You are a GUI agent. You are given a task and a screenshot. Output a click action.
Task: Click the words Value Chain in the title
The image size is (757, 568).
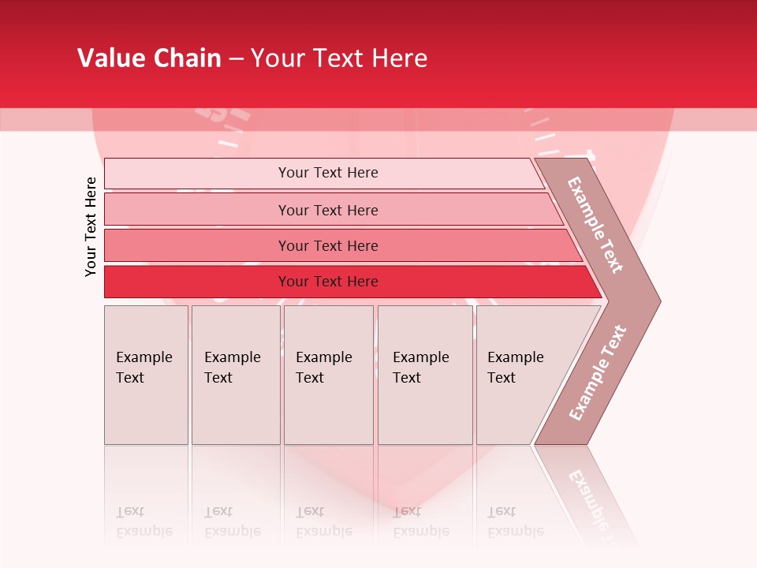149,58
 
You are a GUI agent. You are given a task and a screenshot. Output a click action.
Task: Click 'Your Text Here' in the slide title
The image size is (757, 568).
339,58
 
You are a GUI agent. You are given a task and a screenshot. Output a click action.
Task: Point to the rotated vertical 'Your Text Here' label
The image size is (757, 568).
91,226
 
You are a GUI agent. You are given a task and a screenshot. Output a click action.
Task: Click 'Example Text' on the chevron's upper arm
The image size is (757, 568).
595,225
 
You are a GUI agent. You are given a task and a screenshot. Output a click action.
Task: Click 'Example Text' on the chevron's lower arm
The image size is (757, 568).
598,373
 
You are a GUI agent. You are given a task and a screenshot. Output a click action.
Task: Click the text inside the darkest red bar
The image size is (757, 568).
328,282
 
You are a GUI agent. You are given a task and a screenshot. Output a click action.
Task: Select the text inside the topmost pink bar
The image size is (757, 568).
328,173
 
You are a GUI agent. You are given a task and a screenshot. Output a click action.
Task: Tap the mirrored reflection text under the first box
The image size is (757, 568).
144,521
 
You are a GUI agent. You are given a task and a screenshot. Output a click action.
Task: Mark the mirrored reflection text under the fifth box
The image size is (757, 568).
515,521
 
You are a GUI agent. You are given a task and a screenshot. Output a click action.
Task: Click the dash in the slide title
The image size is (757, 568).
236,59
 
